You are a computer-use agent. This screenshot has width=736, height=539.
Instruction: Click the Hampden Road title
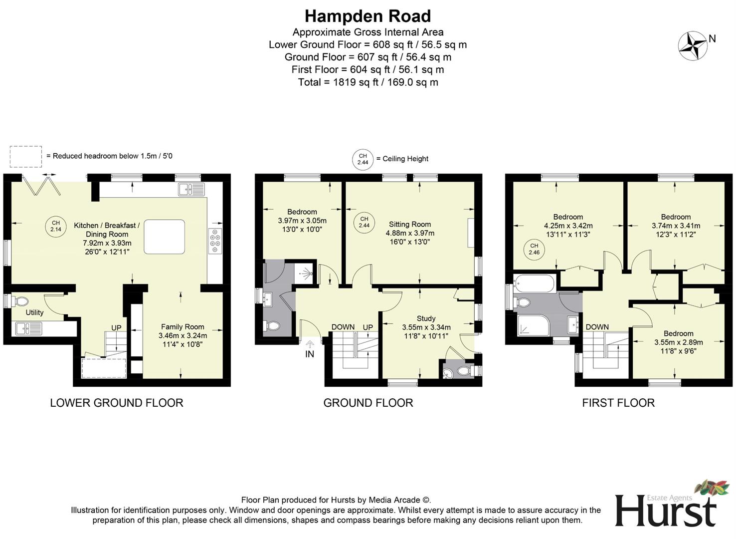coord(368,16)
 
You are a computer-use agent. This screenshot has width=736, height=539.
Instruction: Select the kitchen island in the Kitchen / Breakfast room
coord(164,237)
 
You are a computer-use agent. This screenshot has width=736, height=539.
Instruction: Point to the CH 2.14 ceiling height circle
coord(55,226)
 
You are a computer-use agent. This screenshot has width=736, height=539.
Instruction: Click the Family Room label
coord(183,327)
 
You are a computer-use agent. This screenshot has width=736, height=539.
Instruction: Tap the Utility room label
coord(34,312)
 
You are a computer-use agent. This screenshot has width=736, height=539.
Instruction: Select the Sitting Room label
coord(409,225)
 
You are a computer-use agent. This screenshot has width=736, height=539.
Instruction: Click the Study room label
coord(426,318)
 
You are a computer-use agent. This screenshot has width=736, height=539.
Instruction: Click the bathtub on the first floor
coord(535,284)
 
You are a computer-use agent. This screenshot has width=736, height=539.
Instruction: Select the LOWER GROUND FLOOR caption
coord(116,403)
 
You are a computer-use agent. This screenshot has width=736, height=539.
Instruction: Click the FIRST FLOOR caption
coord(618,403)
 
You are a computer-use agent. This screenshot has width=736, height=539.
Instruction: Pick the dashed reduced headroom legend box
coord(25,156)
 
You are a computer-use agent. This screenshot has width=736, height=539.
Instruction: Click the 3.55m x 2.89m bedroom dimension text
coord(678,342)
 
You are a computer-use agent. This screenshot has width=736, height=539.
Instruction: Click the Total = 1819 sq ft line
coord(368,82)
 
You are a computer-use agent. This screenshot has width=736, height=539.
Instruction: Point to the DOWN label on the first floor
coord(597,327)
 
